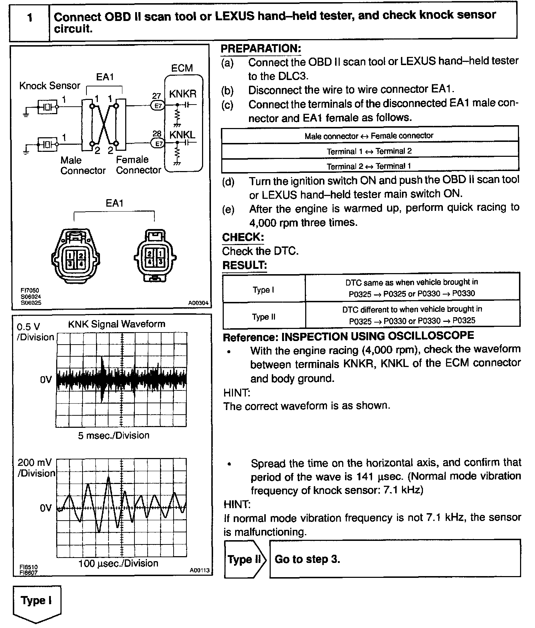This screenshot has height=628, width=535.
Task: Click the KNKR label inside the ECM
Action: pyautogui.click(x=182, y=94)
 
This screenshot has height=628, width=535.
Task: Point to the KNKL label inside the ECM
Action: pyautogui.click(x=182, y=135)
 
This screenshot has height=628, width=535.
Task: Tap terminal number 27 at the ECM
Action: pyautogui.click(x=157, y=96)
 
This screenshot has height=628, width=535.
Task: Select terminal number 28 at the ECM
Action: pyautogui.click(x=157, y=134)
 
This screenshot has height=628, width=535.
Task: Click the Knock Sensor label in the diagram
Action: pyautogui.click(x=50, y=86)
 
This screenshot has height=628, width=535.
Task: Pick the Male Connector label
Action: pyautogui.click(x=83, y=165)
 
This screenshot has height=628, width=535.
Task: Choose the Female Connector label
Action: pyautogui.click(x=138, y=165)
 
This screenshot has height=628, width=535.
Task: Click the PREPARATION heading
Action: pyautogui.click(x=261, y=49)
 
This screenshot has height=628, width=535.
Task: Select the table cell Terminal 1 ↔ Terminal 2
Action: pyautogui.click(x=369, y=151)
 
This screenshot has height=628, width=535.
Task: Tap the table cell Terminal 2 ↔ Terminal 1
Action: pyautogui.click(x=369, y=166)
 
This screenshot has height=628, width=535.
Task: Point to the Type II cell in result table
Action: pyautogui.click(x=264, y=316)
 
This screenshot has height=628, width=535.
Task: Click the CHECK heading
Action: pyautogui.click(x=243, y=237)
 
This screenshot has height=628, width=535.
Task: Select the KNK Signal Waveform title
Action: pyautogui.click(x=117, y=324)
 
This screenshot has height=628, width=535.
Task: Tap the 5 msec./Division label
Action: pyautogui.click(x=113, y=435)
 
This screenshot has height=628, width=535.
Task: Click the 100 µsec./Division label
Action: pyautogui.click(x=118, y=563)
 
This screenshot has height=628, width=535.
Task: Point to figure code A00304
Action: pyautogui.click(x=198, y=303)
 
